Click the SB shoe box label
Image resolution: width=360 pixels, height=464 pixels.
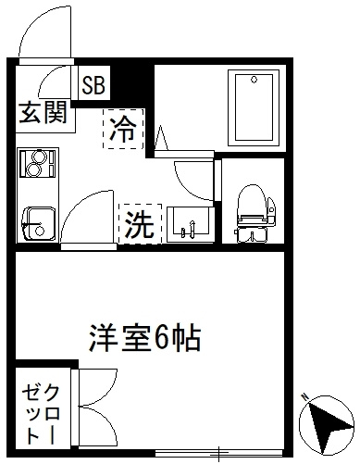tap(93, 84)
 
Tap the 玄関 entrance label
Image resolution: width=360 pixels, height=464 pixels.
tap(43, 113)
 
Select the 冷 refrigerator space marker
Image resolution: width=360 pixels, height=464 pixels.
tap(124, 129)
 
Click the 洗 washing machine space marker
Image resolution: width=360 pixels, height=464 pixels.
tap(141, 224)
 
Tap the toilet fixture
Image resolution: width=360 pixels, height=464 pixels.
tap(254, 213)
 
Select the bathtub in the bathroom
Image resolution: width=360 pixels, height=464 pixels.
tap(254, 107)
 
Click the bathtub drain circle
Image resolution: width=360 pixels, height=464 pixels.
tap(254, 80)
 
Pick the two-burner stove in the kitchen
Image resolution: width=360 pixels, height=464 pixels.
tap(37, 163)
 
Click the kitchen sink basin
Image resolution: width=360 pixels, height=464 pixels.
tap(39, 223)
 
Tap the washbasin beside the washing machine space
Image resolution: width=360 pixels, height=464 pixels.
tap(191, 224)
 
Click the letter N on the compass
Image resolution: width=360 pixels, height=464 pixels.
tap(305, 397)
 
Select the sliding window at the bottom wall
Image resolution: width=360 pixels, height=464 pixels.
tap(219, 453)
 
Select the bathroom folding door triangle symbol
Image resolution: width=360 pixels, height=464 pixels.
tap(161, 138)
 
